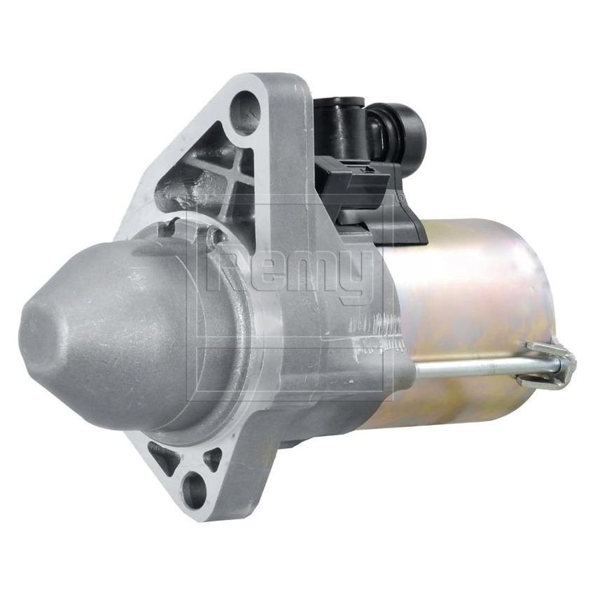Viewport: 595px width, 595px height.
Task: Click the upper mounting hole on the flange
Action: pos(246,112)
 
